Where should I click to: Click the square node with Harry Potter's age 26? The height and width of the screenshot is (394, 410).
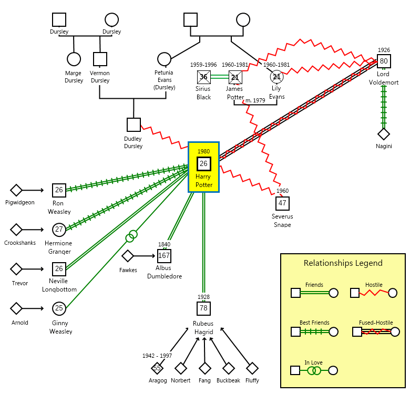pos(204,164)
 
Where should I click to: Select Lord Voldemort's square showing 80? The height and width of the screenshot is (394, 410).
pos(384,61)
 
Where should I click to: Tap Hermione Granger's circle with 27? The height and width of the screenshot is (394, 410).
pos(59,230)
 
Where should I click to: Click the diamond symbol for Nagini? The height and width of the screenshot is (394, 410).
pos(384,134)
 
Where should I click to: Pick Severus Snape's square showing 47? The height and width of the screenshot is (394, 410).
pos(282,203)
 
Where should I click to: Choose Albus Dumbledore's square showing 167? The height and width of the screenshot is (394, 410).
pos(164,256)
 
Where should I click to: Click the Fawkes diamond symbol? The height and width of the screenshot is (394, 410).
pos(128,256)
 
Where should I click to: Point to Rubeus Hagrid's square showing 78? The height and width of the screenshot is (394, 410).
pos(204,308)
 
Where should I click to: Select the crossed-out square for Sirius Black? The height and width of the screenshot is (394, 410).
pos(203,77)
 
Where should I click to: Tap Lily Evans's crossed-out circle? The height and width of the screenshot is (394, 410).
pos(276,77)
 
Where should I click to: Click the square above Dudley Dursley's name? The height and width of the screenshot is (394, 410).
pos(134,125)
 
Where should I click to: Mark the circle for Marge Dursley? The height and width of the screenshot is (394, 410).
pos(74,59)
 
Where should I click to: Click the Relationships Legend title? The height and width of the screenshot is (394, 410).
pos(343,263)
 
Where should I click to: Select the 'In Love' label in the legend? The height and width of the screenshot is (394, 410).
pos(314,362)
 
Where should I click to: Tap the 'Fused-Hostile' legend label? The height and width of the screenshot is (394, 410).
pos(376,323)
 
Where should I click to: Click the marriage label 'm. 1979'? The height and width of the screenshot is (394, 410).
pos(256,100)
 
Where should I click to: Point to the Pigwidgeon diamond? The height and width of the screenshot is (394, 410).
pos(16,190)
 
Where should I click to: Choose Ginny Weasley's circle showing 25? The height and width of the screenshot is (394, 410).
pos(59,308)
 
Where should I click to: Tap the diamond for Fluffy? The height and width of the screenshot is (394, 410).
pos(252,368)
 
